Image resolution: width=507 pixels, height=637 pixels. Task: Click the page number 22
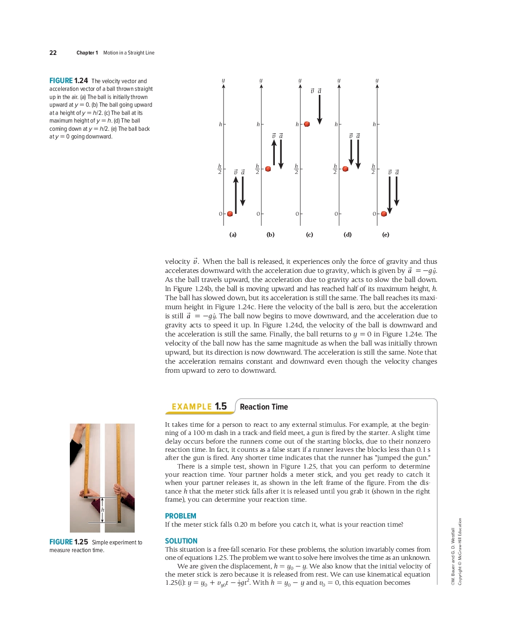(53, 53)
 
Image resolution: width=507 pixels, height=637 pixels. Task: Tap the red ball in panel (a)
(230, 214)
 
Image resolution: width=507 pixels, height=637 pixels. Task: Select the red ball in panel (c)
(307, 124)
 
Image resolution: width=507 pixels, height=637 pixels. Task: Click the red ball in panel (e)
(384, 214)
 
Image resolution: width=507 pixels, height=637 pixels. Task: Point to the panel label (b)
(271, 235)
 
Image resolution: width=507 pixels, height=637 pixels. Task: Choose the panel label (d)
(347, 235)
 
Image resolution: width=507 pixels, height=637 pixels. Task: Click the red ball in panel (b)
(268, 169)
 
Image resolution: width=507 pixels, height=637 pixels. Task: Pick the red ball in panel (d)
(346, 169)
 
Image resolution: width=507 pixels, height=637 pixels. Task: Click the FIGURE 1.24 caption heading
(68, 81)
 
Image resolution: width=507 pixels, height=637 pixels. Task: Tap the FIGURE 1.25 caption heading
(68, 542)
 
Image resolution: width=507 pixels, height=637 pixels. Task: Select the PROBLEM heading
(180, 516)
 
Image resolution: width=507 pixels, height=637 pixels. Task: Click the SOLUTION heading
(181, 541)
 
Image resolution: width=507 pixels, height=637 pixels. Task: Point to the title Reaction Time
(263, 407)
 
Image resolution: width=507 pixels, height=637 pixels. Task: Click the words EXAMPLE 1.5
(199, 406)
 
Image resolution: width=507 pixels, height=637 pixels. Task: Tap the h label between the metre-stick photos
(102, 510)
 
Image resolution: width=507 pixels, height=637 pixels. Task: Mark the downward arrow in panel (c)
(320, 109)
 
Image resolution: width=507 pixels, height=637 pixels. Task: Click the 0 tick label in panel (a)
(220, 214)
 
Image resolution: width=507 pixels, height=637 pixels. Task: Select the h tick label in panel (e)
(374, 124)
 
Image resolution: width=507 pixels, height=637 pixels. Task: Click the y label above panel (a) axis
(223, 80)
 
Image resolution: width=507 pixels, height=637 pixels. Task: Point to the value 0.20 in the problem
(241, 524)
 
